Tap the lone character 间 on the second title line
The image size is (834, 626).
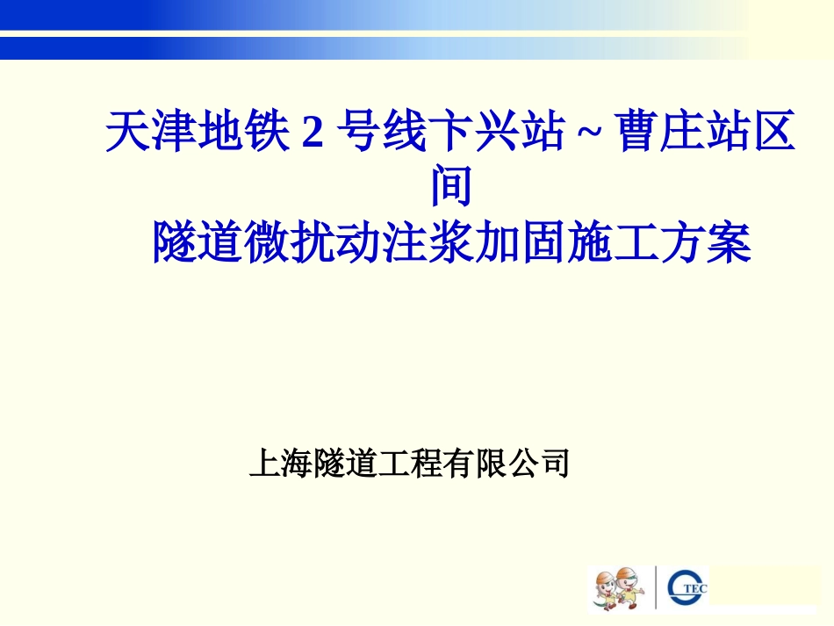click(451, 187)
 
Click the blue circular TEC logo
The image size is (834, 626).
click(687, 588)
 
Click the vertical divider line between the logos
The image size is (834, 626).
click(656, 587)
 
